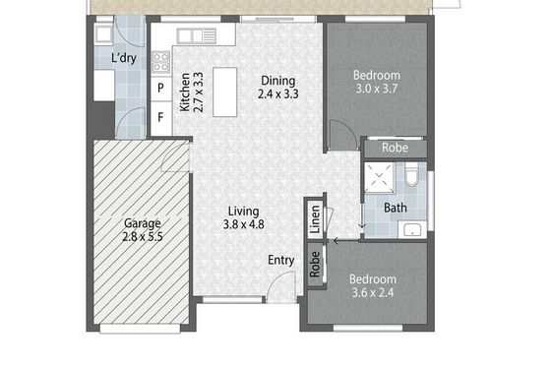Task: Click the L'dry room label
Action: point(124,58)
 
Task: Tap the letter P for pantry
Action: point(160,88)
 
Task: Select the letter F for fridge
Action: point(160,117)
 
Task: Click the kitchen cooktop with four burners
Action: point(161,62)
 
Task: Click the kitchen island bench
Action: point(225,92)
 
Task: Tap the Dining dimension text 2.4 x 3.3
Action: point(277,94)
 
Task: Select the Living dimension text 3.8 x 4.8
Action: point(244,224)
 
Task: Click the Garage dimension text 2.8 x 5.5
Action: point(143,236)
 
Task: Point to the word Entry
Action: point(281,261)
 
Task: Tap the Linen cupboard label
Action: point(315,219)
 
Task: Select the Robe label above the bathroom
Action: point(395,148)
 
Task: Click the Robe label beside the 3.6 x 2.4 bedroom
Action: point(315,265)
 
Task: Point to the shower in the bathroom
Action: point(379,178)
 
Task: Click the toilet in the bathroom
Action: point(410,175)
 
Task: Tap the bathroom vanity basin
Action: point(412,229)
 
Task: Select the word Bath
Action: point(396,208)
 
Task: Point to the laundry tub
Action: point(103,34)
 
